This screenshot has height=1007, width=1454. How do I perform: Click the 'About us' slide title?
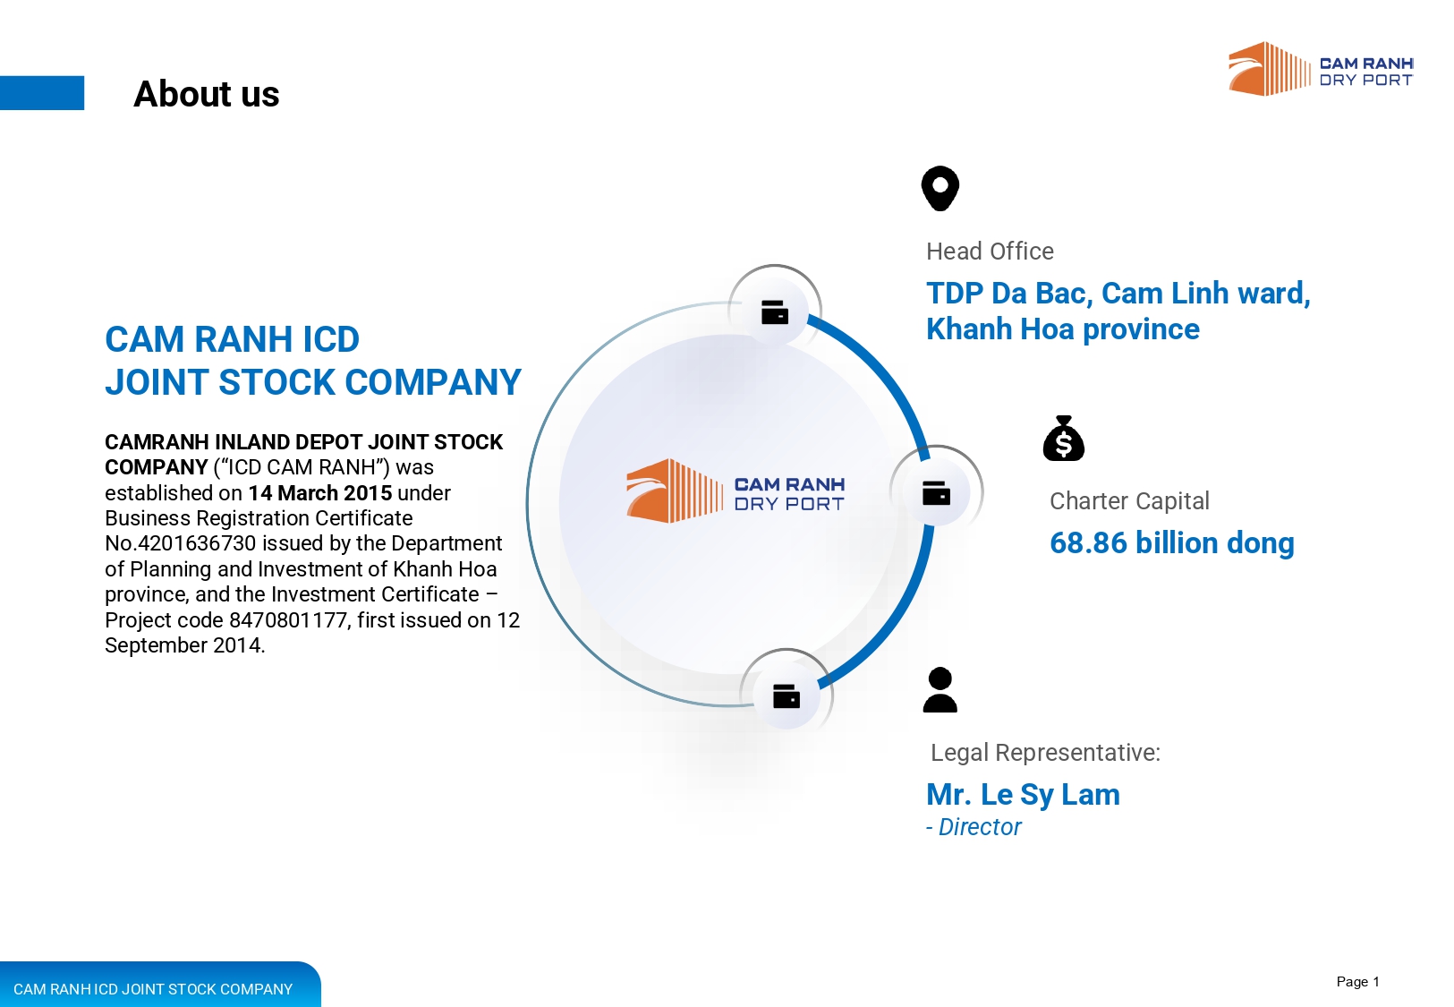[207, 94]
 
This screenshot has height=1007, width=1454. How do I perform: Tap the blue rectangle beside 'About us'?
[42, 93]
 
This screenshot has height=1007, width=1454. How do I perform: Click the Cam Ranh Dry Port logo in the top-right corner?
[1321, 69]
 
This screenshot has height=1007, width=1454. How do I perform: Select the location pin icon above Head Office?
[940, 188]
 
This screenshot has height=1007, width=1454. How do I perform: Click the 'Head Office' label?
[990, 252]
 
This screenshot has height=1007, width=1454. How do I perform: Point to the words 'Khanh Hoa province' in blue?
[1063, 329]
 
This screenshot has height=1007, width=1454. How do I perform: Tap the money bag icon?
[1063, 439]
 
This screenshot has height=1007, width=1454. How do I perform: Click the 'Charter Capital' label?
[1129, 501]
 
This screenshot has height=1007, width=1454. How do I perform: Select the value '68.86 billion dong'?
[1171, 542]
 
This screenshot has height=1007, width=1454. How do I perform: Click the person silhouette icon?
[940, 689]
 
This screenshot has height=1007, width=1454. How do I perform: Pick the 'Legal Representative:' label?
[1045, 753]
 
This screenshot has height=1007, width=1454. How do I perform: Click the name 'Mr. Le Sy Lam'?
[1023, 795]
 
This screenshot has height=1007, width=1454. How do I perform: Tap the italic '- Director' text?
[974, 827]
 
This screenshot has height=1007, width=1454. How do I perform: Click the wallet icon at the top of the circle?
[774, 312]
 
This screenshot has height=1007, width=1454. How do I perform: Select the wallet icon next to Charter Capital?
[936, 493]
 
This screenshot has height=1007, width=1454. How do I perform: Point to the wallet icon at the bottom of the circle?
[787, 696]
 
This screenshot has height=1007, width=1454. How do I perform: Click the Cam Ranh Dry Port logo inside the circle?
[736, 491]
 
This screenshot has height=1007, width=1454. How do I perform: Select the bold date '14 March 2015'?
[320, 493]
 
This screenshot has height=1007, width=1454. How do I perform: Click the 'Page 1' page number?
[1358, 982]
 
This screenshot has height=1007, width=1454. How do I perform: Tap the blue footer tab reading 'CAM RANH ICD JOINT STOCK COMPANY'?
[159, 985]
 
